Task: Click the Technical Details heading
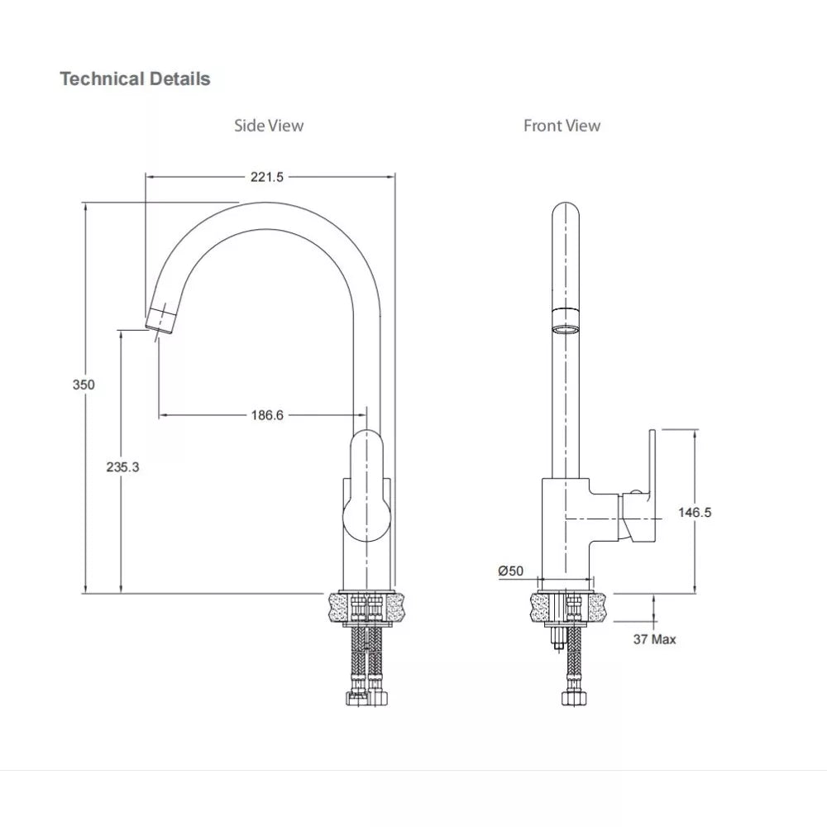(x=135, y=79)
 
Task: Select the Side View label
(x=269, y=126)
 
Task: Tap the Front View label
(x=562, y=126)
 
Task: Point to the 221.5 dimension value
(x=267, y=177)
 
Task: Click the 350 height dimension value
(x=84, y=385)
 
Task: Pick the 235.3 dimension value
(x=122, y=466)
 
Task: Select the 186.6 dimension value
(x=267, y=415)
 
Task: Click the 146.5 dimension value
(x=695, y=512)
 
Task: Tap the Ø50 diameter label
(x=511, y=571)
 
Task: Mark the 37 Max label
(x=655, y=639)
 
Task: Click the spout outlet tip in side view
(x=161, y=319)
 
